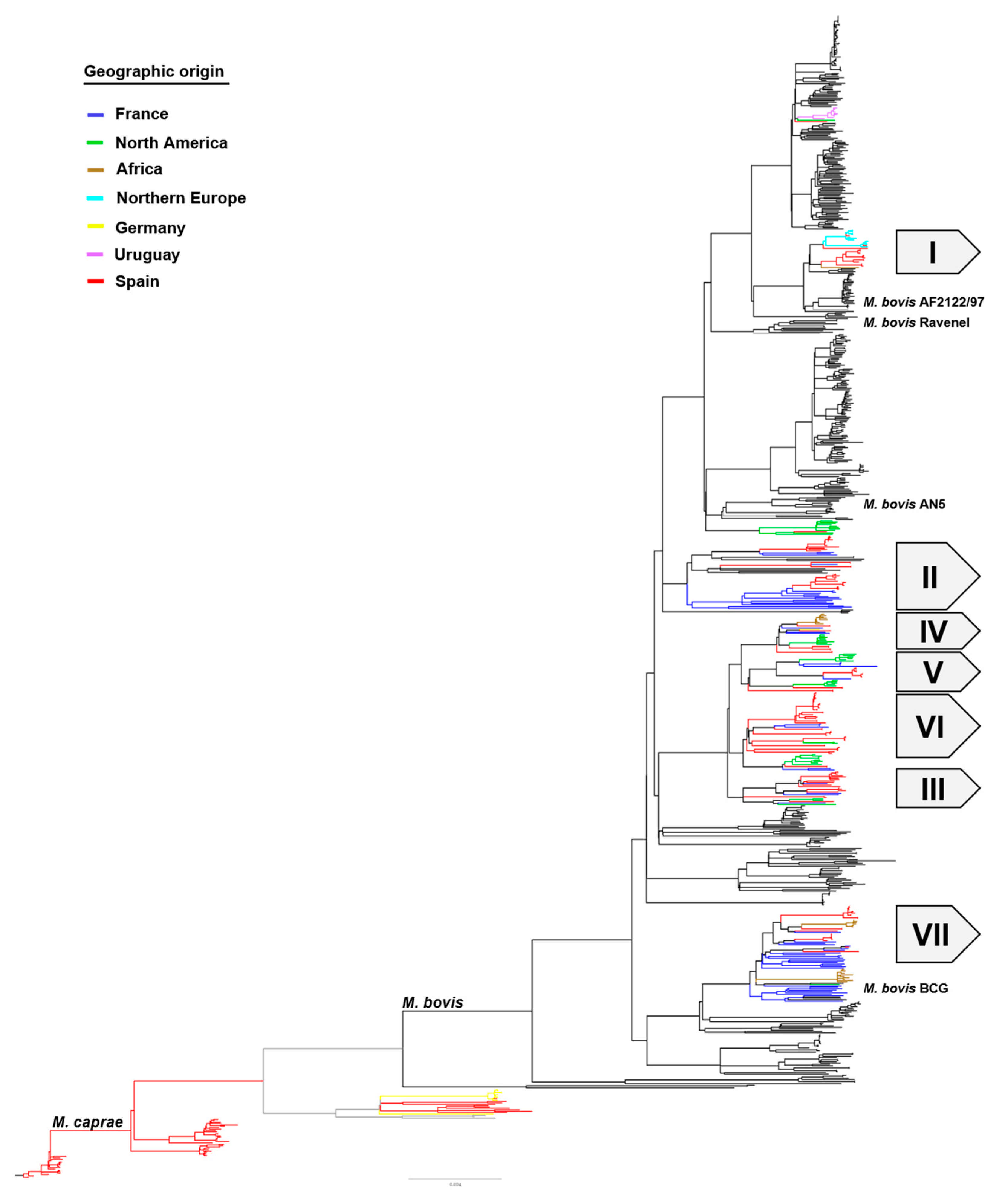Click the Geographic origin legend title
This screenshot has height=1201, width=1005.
[154, 71]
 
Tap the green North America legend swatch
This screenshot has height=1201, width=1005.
[95, 142]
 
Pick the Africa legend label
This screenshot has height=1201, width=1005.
[139, 169]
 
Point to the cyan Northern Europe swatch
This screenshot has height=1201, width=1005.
[95, 198]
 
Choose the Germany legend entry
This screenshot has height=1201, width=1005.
[150, 228]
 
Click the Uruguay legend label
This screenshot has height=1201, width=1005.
[147, 255]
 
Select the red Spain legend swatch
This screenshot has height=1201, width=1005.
[95, 281]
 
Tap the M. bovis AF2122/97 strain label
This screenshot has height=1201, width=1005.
[923, 302]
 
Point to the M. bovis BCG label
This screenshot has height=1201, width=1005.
[906, 988]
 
